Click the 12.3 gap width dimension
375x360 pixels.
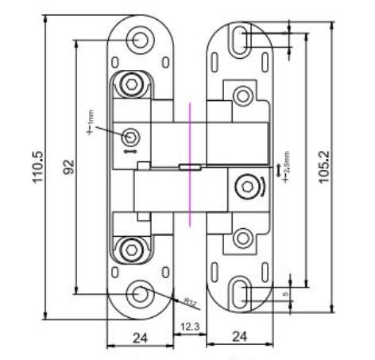click(188, 327)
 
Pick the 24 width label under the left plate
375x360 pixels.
click(139, 338)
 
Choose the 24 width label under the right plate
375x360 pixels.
click(238, 338)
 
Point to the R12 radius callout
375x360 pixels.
click(189, 302)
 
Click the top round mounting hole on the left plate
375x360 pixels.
click(140, 38)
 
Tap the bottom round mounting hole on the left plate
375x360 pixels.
click(140, 293)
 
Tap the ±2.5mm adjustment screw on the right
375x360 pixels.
click(244, 188)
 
